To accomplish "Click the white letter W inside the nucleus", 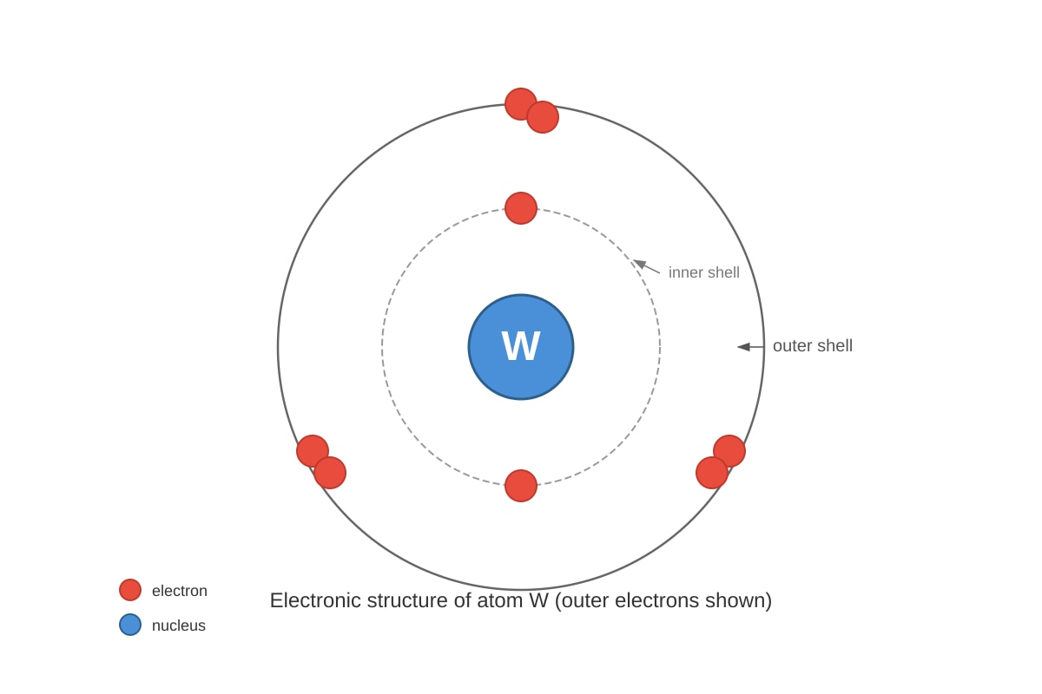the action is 520,346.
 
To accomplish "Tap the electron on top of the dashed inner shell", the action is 520,208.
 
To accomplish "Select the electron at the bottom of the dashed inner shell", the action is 520,486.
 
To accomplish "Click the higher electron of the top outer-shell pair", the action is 520,104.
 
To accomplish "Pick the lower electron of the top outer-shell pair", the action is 543,117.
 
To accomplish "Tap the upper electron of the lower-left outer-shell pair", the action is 313,451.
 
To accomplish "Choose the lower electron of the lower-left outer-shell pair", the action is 330,473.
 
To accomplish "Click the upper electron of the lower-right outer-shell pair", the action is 729,451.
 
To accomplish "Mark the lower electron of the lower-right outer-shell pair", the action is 712,473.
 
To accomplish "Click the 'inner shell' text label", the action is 704,272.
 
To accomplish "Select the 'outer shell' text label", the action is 813,346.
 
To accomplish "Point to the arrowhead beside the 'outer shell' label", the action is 743,347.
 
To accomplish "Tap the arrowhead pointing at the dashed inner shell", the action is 640,264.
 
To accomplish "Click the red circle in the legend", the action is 130,590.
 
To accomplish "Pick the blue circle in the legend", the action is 130,625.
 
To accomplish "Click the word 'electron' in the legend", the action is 180,591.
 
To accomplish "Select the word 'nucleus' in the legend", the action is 179,625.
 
